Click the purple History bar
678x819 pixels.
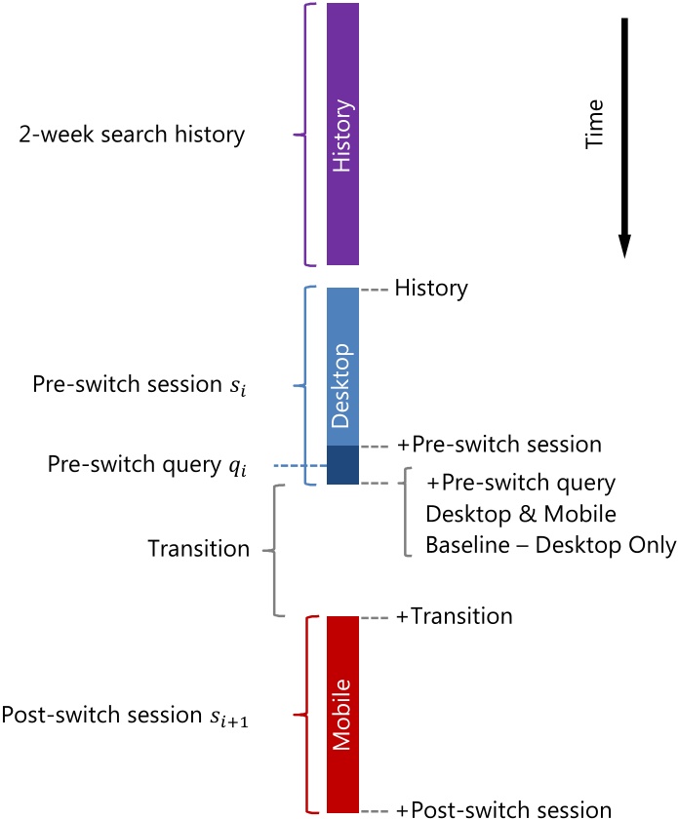(x=343, y=135)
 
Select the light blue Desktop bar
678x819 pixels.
(x=343, y=367)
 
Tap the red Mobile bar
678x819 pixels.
(x=343, y=714)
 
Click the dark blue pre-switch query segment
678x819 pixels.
(x=343, y=465)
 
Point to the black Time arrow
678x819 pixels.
(x=624, y=137)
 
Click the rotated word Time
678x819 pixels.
(x=594, y=125)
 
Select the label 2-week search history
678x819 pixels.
(x=132, y=135)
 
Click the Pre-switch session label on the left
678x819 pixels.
(x=140, y=385)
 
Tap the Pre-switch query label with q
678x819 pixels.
(x=147, y=465)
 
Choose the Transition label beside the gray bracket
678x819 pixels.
(x=199, y=548)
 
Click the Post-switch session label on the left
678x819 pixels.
(x=125, y=715)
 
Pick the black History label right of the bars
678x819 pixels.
(x=431, y=289)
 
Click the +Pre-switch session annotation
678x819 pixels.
(x=499, y=445)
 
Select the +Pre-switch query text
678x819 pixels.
(x=521, y=484)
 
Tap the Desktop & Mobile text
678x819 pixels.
(x=521, y=514)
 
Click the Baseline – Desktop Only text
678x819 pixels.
(x=551, y=545)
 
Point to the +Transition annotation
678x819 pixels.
(x=455, y=616)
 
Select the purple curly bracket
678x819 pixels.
(x=305, y=135)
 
